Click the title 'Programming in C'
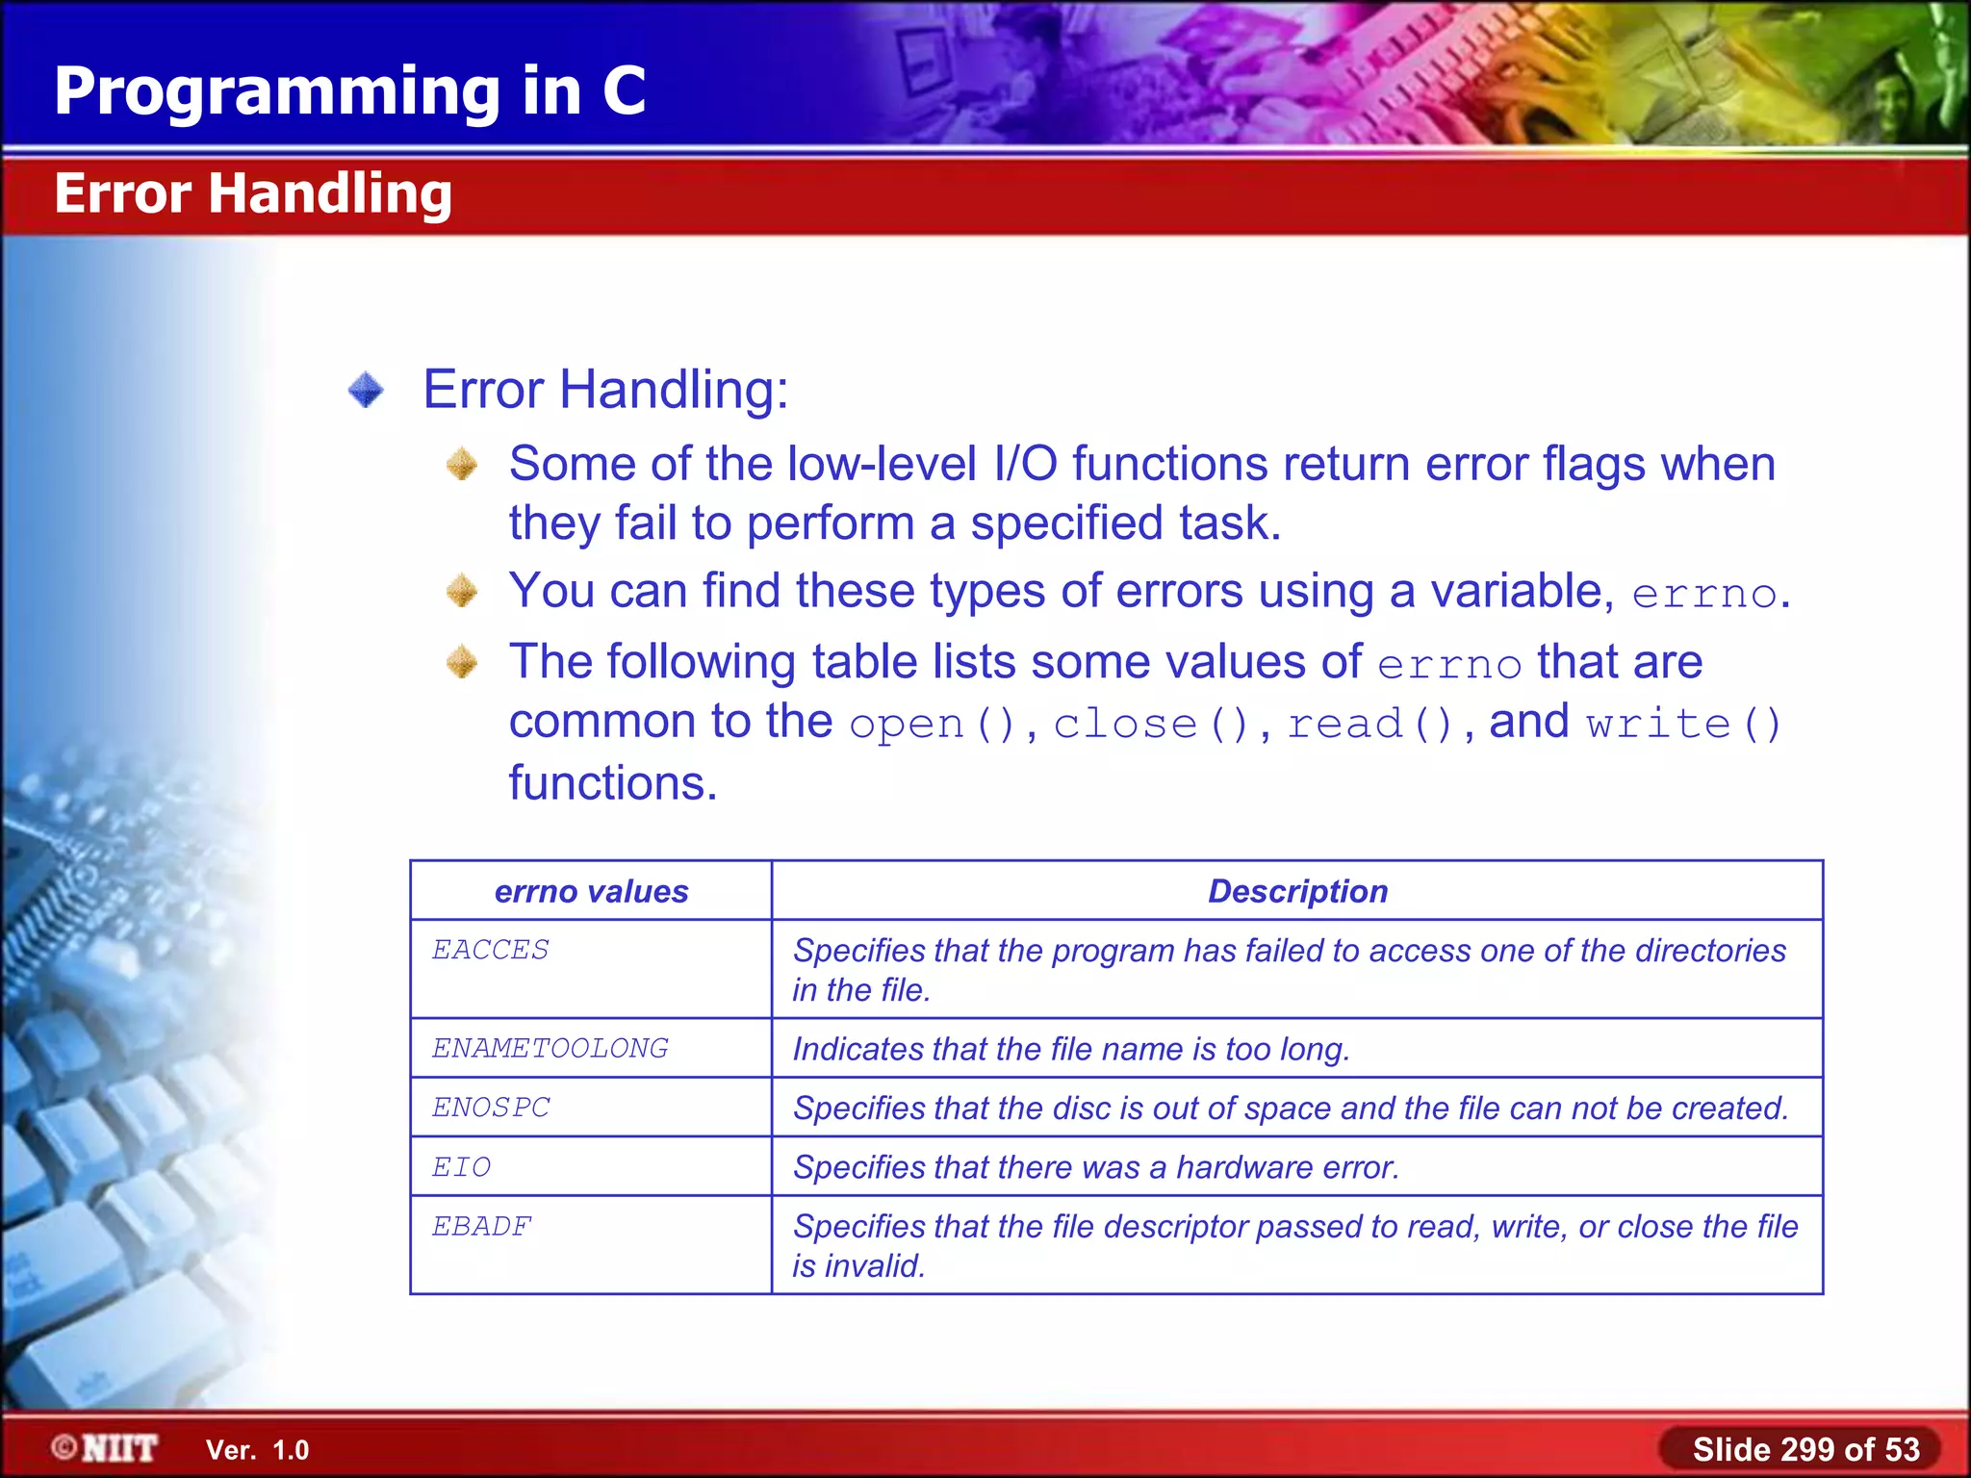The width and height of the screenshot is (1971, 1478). point(349,90)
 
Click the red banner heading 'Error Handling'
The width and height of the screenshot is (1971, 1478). point(253,193)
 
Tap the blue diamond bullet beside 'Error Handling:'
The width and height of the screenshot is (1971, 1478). point(366,390)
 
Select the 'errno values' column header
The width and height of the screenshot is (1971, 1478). point(591,891)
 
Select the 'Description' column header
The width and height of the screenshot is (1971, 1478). point(1297,891)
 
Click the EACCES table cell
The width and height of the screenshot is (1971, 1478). point(491,951)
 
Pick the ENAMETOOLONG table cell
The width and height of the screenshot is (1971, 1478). point(550,1048)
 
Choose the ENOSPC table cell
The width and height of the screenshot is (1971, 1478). point(491,1108)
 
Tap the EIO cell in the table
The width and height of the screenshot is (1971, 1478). point(462,1167)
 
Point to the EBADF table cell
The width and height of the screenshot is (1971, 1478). point(482,1227)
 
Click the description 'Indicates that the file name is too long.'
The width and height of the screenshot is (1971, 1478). point(1071,1049)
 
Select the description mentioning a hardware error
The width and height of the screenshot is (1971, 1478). point(1095,1167)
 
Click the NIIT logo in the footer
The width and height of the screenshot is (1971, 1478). point(105,1448)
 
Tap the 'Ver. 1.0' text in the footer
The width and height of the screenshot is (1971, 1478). point(257,1450)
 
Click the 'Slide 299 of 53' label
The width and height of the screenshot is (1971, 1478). point(1805,1449)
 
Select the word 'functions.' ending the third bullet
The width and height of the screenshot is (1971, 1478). point(613,782)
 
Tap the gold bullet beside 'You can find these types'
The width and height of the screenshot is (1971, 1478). point(462,591)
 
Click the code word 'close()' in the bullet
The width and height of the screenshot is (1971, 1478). point(1151,724)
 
